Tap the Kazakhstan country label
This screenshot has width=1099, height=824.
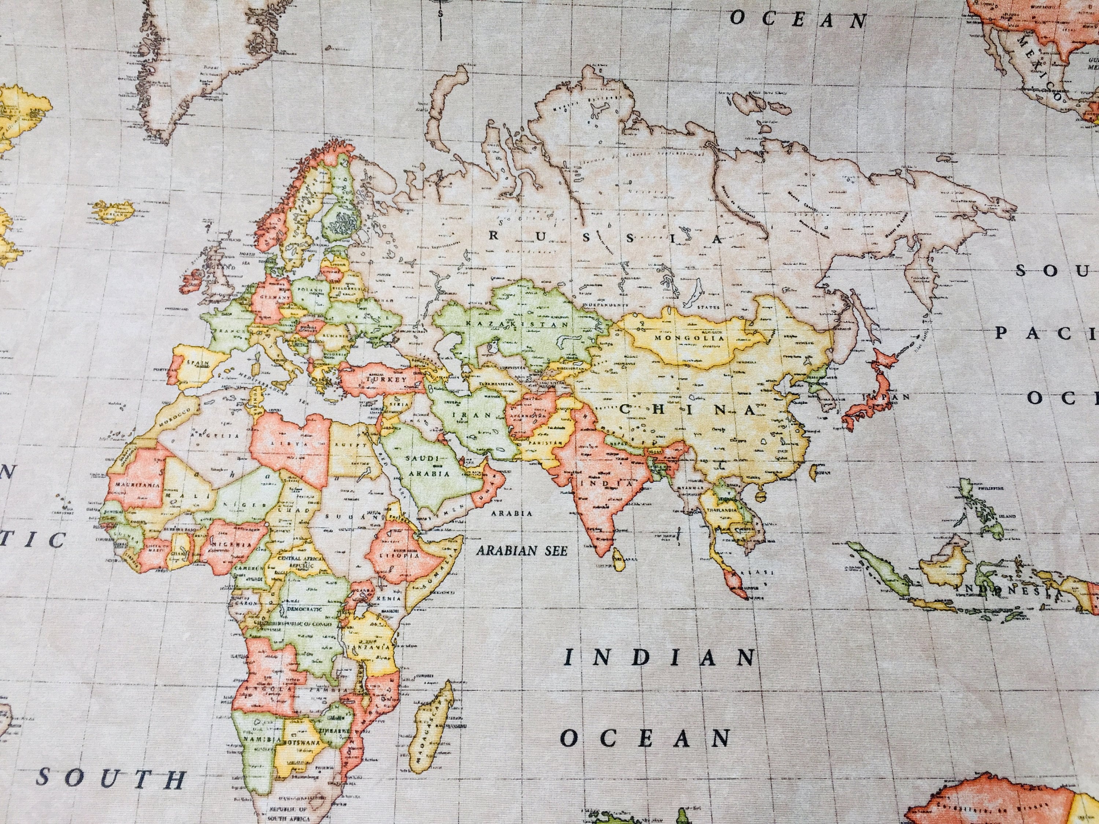(x=517, y=324)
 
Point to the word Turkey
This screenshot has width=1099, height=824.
(x=386, y=379)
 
